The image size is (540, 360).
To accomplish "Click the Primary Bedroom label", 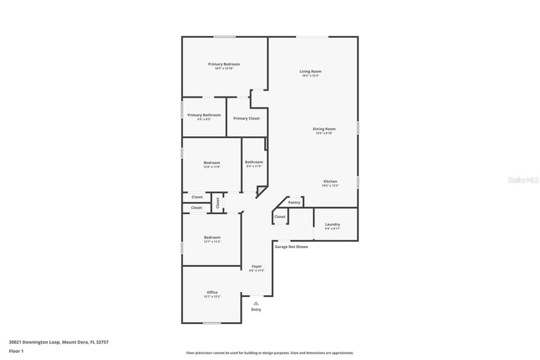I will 224,64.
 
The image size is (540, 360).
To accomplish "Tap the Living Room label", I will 310,71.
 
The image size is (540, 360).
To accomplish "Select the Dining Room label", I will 324,129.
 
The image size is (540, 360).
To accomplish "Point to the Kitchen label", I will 330,182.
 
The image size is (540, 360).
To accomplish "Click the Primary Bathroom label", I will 204,115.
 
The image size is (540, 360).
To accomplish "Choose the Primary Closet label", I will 246,118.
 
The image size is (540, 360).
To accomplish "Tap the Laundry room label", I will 332,224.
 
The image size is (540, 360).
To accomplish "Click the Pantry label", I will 294,203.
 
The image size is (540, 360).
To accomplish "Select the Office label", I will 212,292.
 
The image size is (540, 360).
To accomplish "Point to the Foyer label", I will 256,266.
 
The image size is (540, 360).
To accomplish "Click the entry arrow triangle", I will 256,303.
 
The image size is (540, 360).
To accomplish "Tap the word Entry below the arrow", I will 256,309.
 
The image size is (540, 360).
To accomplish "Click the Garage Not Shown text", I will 291,247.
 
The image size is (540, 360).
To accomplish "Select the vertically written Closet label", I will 217,202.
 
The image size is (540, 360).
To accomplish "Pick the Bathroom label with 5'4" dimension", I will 254,162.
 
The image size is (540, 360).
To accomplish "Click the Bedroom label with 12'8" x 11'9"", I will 212,163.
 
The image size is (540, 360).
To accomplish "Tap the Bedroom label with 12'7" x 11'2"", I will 212,237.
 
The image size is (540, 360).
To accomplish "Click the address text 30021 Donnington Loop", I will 59,342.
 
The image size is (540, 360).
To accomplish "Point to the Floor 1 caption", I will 17,351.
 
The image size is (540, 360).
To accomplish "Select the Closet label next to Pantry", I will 280,217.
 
